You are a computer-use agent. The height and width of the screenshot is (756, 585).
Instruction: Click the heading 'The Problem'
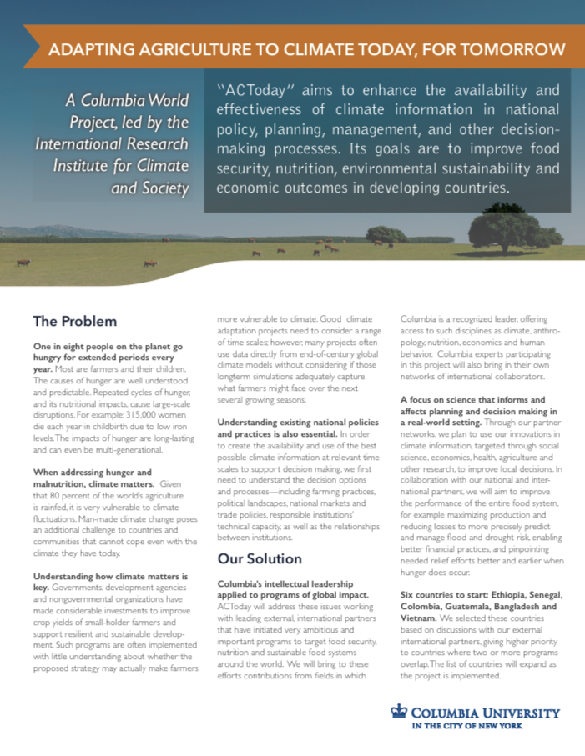[74, 321]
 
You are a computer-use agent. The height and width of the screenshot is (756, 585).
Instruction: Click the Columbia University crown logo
[399, 713]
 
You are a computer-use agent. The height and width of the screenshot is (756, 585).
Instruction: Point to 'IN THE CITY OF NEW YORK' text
[477, 727]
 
